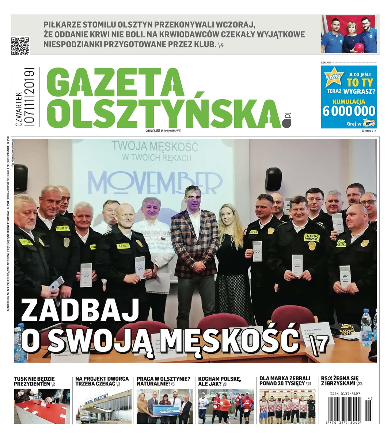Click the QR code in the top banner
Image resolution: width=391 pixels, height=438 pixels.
20,46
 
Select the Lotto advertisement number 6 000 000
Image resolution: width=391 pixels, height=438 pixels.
349,110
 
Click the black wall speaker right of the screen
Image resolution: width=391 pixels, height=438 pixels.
273,179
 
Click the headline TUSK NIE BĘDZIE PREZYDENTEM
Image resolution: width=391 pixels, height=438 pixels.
34,381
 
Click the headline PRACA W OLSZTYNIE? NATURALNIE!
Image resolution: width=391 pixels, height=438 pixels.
163,381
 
